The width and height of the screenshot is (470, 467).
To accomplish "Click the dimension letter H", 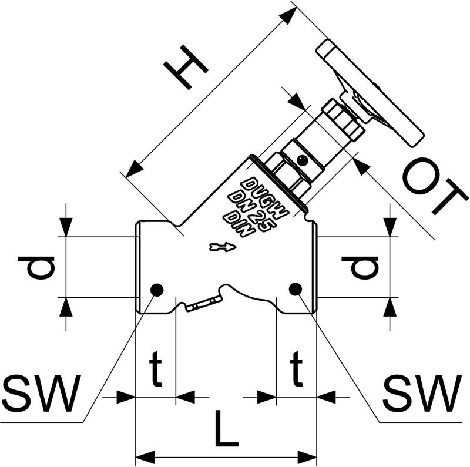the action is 186,68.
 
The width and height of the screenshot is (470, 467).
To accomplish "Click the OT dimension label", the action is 435,187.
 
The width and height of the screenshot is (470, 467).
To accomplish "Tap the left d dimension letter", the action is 36,267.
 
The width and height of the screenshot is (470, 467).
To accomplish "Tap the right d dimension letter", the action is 360,267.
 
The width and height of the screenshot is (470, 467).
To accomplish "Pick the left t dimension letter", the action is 156,369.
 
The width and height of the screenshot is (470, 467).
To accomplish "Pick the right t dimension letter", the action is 296,369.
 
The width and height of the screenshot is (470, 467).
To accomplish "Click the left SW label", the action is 41,394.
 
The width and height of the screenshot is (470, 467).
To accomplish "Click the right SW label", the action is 422,394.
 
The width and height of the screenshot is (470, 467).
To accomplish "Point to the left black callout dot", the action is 157,290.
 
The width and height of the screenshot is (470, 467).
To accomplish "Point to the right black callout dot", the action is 296,289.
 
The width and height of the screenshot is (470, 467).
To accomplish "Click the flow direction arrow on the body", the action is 223,247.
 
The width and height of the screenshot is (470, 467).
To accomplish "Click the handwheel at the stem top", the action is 370,93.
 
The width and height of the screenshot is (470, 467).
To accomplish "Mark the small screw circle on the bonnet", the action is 303,160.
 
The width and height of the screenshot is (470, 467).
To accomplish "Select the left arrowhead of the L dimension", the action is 145,458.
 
